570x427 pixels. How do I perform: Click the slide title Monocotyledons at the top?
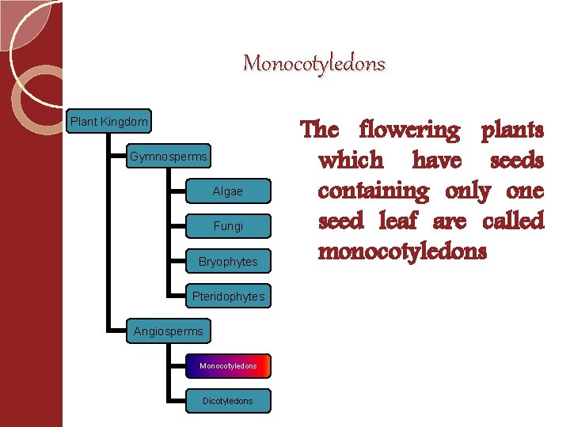point(313,63)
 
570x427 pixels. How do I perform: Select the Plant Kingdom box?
point(108,122)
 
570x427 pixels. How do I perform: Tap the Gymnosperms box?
point(168,157)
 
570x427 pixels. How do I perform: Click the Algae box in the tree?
point(228,191)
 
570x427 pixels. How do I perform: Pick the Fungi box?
point(228,226)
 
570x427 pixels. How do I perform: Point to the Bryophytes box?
point(228,261)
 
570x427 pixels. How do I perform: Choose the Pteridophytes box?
point(228,297)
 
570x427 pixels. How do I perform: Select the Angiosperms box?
point(168,331)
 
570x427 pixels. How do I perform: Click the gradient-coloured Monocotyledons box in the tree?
point(228,366)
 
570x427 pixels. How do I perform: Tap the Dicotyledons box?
point(228,401)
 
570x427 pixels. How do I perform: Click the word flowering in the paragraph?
point(408,130)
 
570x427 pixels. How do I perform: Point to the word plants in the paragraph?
point(512,130)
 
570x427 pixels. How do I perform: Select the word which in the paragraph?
point(350,161)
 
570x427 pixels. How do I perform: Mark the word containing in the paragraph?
point(371,191)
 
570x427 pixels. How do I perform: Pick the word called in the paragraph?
point(513,221)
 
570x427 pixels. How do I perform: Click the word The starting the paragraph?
point(320,130)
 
